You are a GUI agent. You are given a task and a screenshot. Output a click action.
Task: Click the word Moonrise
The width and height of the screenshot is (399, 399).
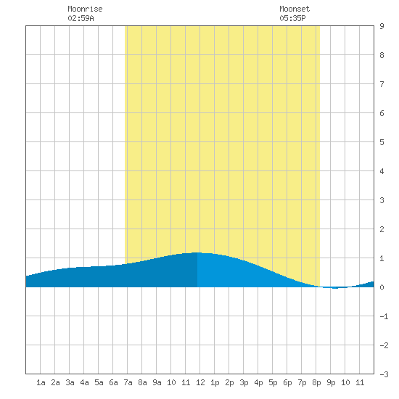click(x=85, y=9)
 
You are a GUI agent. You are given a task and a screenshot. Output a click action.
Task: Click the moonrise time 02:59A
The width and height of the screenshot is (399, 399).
click(x=81, y=18)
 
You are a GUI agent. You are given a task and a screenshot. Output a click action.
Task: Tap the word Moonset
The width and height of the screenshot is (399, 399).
click(x=295, y=9)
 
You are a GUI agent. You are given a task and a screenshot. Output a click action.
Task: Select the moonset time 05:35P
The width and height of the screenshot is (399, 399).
click(x=292, y=18)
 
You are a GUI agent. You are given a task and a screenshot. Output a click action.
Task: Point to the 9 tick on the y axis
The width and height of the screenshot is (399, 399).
click(x=382, y=26)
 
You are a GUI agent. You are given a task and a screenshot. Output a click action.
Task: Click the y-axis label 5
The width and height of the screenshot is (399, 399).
click(x=382, y=142)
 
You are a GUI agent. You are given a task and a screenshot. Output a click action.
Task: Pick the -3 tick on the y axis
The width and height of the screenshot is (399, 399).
click(x=384, y=374)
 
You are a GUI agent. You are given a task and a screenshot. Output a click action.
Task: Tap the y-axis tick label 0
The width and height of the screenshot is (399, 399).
click(x=382, y=287)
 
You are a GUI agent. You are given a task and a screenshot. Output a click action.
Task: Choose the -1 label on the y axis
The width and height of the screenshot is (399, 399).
click(x=384, y=316)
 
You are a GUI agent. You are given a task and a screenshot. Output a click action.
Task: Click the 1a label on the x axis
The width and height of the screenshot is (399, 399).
click(x=41, y=382)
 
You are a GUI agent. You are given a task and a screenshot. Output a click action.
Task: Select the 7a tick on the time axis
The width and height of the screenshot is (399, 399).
click(x=128, y=382)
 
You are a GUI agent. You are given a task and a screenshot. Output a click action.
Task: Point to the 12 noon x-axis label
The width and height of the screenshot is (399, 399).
click(x=200, y=382)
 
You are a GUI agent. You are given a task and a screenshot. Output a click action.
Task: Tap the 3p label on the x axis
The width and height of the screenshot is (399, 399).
click(x=244, y=382)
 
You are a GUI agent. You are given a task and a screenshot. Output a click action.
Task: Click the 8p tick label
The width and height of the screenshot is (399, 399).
click(x=316, y=382)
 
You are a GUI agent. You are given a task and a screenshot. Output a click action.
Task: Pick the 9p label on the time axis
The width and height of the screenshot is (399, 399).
click(x=331, y=382)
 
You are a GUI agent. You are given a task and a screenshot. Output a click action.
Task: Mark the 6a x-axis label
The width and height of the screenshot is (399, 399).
click(x=113, y=382)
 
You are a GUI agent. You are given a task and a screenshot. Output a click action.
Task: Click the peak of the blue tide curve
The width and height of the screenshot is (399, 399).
click(x=197, y=252)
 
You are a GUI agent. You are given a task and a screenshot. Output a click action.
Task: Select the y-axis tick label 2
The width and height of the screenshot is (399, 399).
click(x=382, y=229)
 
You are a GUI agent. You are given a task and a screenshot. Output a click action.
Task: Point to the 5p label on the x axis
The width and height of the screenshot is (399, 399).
click(x=273, y=382)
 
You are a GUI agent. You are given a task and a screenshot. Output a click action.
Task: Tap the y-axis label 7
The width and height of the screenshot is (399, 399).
click(x=382, y=84)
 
